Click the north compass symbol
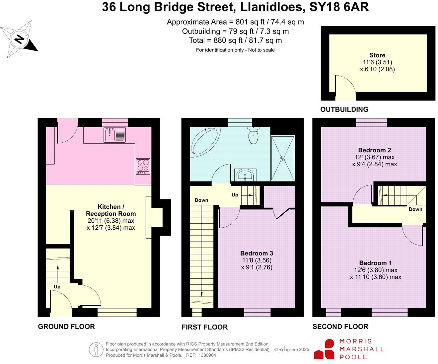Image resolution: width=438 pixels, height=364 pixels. pos(19,39)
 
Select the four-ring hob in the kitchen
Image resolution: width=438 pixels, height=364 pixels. pos(143,166)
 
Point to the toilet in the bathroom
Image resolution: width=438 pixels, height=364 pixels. pos(253,136)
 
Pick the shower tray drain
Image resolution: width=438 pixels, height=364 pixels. pos(283,158)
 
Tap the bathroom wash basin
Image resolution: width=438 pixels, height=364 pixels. pos(245,175)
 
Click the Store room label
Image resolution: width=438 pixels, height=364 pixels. pos(377,55)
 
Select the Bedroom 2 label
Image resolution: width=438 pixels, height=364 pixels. pos(372,150)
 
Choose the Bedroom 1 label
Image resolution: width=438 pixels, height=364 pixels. pos(373,263)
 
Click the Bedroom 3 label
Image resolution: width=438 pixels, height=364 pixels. pos(256,254)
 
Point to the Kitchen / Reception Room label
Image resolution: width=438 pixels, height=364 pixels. pos(111,210)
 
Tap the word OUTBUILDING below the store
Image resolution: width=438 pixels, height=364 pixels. pos(344,109)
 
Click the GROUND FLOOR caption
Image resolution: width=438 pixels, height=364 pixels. pos(66,327)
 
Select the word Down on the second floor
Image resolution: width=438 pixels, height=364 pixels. pos(415,209)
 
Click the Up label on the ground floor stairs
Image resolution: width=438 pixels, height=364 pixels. pos(57,287)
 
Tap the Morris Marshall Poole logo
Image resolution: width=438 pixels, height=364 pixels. pos(349,349)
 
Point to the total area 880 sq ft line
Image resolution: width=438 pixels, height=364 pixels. pos(235,40)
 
